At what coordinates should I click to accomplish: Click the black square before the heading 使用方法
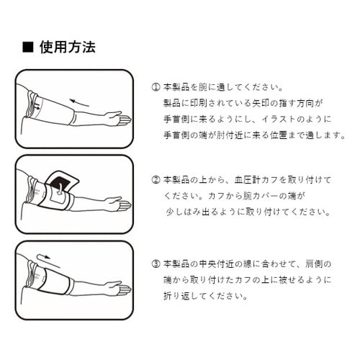coord(28,47)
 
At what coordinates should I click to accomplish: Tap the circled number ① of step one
coord(156,86)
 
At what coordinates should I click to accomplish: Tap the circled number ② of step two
coord(156,179)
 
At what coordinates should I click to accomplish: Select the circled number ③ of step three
coord(156,262)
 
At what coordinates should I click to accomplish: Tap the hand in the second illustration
coord(120,204)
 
